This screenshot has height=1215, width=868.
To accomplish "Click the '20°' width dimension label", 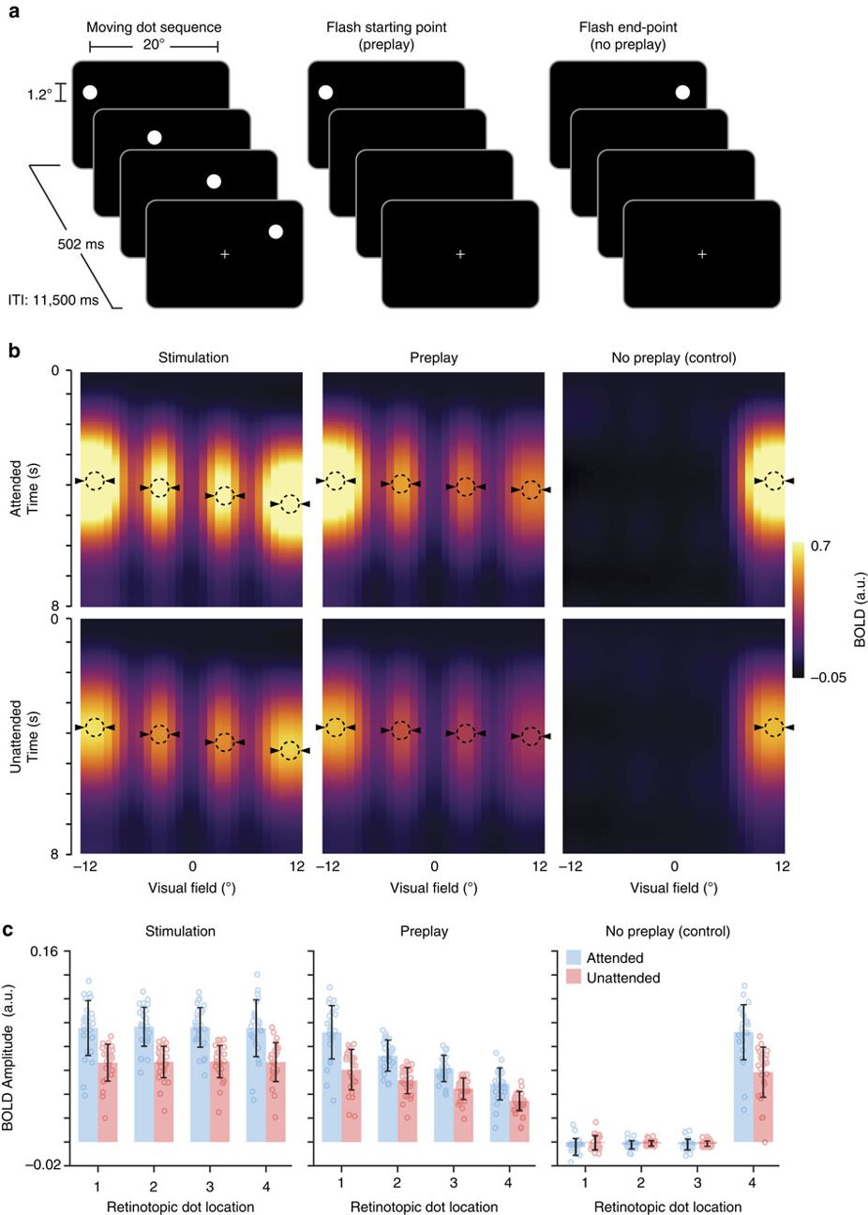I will click(154, 45).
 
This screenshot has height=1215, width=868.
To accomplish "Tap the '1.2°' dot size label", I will click(39, 95).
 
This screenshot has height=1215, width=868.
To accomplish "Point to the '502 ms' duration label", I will click(81, 245).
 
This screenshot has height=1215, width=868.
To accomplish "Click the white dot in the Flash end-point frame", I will click(682, 92).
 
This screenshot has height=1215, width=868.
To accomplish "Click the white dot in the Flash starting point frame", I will click(325, 92).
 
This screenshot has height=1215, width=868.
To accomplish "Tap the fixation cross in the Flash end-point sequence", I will click(702, 254).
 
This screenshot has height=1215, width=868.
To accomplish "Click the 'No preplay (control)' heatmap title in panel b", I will click(673, 357).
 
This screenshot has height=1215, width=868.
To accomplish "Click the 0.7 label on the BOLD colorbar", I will click(819, 546).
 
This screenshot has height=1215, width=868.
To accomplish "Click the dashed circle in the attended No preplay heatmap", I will click(773, 481).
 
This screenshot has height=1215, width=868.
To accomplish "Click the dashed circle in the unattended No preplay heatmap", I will click(773, 727).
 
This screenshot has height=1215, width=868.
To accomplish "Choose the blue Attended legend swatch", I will click(574, 958).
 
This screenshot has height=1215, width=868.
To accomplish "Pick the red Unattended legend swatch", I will click(574, 978).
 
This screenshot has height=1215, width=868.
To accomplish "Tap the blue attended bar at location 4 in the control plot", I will click(743, 1087).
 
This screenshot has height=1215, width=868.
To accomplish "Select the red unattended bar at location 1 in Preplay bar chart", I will click(351, 1106).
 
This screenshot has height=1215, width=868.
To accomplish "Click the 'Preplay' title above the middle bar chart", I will click(424, 932).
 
